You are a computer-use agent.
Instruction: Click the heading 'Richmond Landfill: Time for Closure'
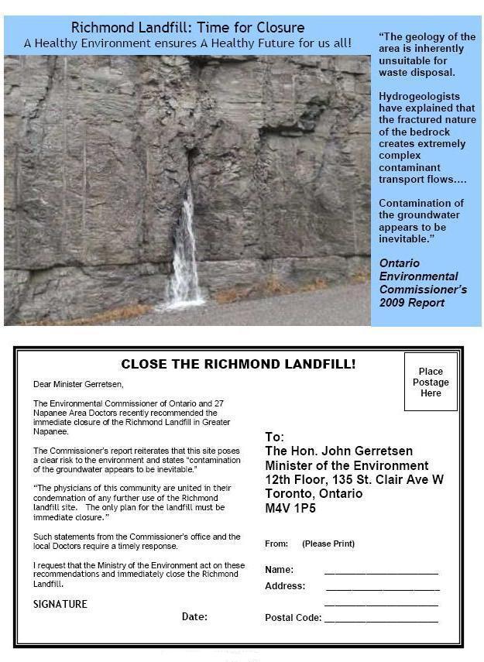coord(187,28)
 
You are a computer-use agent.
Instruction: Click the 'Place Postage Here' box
coord(431,382)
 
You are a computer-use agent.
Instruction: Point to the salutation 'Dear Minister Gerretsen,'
coord(78,384)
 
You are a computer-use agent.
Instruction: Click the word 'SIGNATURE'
coord(60,604)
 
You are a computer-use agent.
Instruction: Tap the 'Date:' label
coord(194,617)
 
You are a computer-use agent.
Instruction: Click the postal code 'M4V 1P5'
coord(290,509)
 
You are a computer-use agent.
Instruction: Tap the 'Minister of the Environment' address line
coord(346,465)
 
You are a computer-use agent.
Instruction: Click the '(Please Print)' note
coord(328,544)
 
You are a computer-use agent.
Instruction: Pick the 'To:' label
coord(275,437)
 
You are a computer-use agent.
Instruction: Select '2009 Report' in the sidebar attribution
coord(411,302)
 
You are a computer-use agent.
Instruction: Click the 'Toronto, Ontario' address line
coord(314,494)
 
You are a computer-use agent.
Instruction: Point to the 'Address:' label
coord(285,586)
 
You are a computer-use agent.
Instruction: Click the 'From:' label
coord(276,544)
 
